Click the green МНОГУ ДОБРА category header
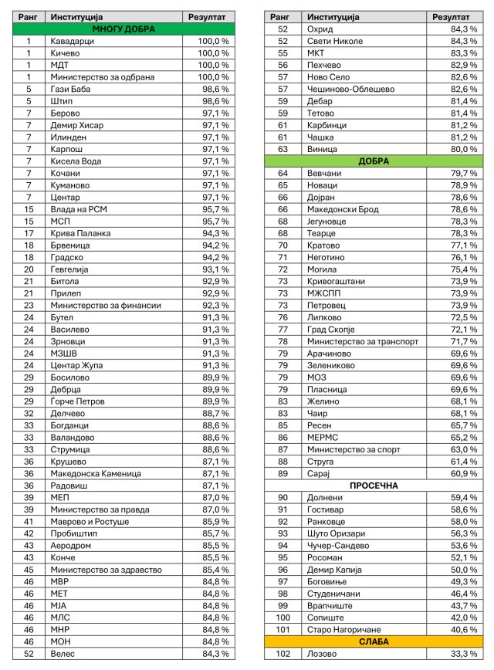pos(123,29)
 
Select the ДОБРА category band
pos(374,161)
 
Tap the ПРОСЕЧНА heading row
pos(374,486)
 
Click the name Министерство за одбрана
pos(103,77)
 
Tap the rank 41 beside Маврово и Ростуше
pos(29,522)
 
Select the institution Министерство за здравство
pos(106,570)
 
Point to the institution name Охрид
pos(320,29)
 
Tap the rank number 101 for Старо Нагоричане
pos(283,630)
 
